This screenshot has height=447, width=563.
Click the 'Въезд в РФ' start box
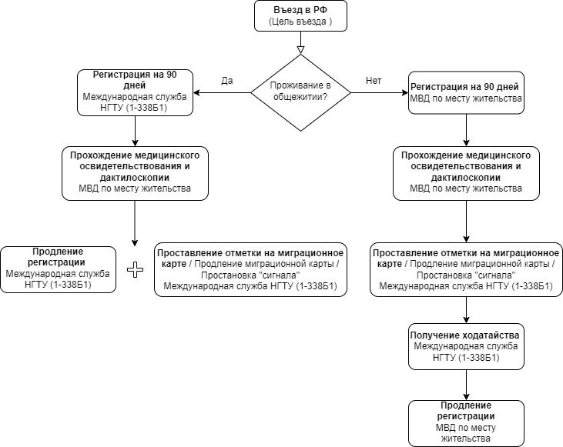(x=300, y=16)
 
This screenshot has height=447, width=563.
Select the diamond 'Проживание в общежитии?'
(x=300, y=92)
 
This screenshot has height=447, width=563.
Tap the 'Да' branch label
(x=227, y=81)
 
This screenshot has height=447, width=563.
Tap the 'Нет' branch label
(x=374, y=81)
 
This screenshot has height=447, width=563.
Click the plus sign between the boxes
(x=136, y=270)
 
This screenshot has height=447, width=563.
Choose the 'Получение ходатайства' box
(x=466, y=346)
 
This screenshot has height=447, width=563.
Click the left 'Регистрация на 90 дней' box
(x=135, y=92)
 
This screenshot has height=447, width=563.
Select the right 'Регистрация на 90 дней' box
(x=466, y=92)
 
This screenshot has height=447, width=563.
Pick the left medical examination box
(x=135, y=173)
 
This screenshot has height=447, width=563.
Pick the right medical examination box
(x=466, y=173)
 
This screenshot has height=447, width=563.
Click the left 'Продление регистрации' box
(x=59, y=270)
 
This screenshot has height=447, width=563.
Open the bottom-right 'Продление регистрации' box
(x=466, y=423)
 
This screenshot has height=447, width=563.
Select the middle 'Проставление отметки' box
(x=250, y=270)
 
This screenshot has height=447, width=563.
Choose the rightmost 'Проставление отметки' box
(x=466, y=270)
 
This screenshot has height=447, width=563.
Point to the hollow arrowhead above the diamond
(x=300, y=50)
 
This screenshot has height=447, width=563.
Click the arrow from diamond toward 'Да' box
(x=222, y=92)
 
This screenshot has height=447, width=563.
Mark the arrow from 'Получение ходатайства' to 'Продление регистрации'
(x=466, y=385)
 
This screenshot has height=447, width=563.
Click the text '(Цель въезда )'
(x=300, y=22)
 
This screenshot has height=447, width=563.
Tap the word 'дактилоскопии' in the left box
(x=135, y=178)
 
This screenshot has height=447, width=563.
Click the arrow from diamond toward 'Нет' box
(x=380, y=92)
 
